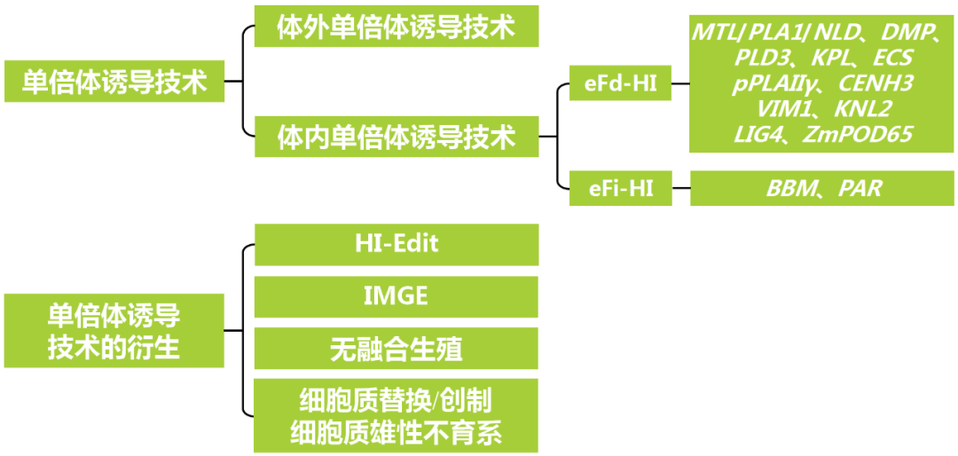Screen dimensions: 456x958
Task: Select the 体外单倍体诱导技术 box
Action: tap(397, 27)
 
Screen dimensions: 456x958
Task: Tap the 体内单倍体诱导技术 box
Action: tap(397, 137)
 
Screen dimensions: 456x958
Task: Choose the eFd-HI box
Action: tap(620, 86)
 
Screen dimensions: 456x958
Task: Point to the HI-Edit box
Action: tap(397, 244)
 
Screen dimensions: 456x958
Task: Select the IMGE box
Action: tap(397, 296)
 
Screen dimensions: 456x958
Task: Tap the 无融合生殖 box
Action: tap(397, 349)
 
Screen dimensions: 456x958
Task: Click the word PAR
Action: tap(860, 187)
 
